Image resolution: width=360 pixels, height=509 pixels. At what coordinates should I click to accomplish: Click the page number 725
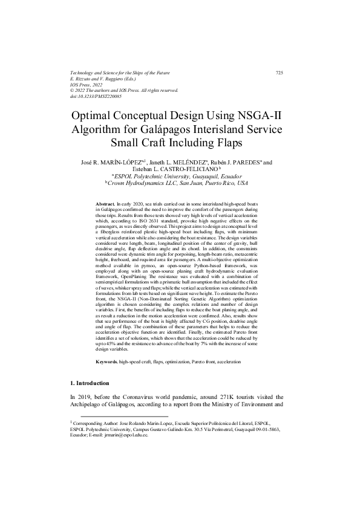[x=279, y=73]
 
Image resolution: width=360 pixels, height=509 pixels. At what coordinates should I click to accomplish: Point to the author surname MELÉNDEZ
[x=185, y=162]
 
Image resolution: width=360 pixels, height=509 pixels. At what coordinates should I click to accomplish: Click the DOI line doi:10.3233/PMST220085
[x=96, y=96]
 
